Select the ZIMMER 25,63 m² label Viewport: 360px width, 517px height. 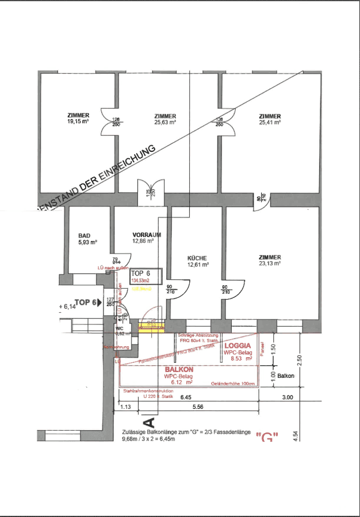click(164, 118)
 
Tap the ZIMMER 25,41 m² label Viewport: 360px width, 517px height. click(270, 118)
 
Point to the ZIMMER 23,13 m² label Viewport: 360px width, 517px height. click(270, 260)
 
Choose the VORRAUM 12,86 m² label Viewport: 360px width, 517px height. click(146, 238)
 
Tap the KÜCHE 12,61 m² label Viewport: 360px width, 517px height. click(197, 262)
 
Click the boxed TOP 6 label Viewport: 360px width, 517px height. click(140, 274)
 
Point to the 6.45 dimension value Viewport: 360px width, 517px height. click(185, 397)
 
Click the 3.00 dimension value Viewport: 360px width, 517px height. click(288, 397)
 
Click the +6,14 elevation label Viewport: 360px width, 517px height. click(67, 307)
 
